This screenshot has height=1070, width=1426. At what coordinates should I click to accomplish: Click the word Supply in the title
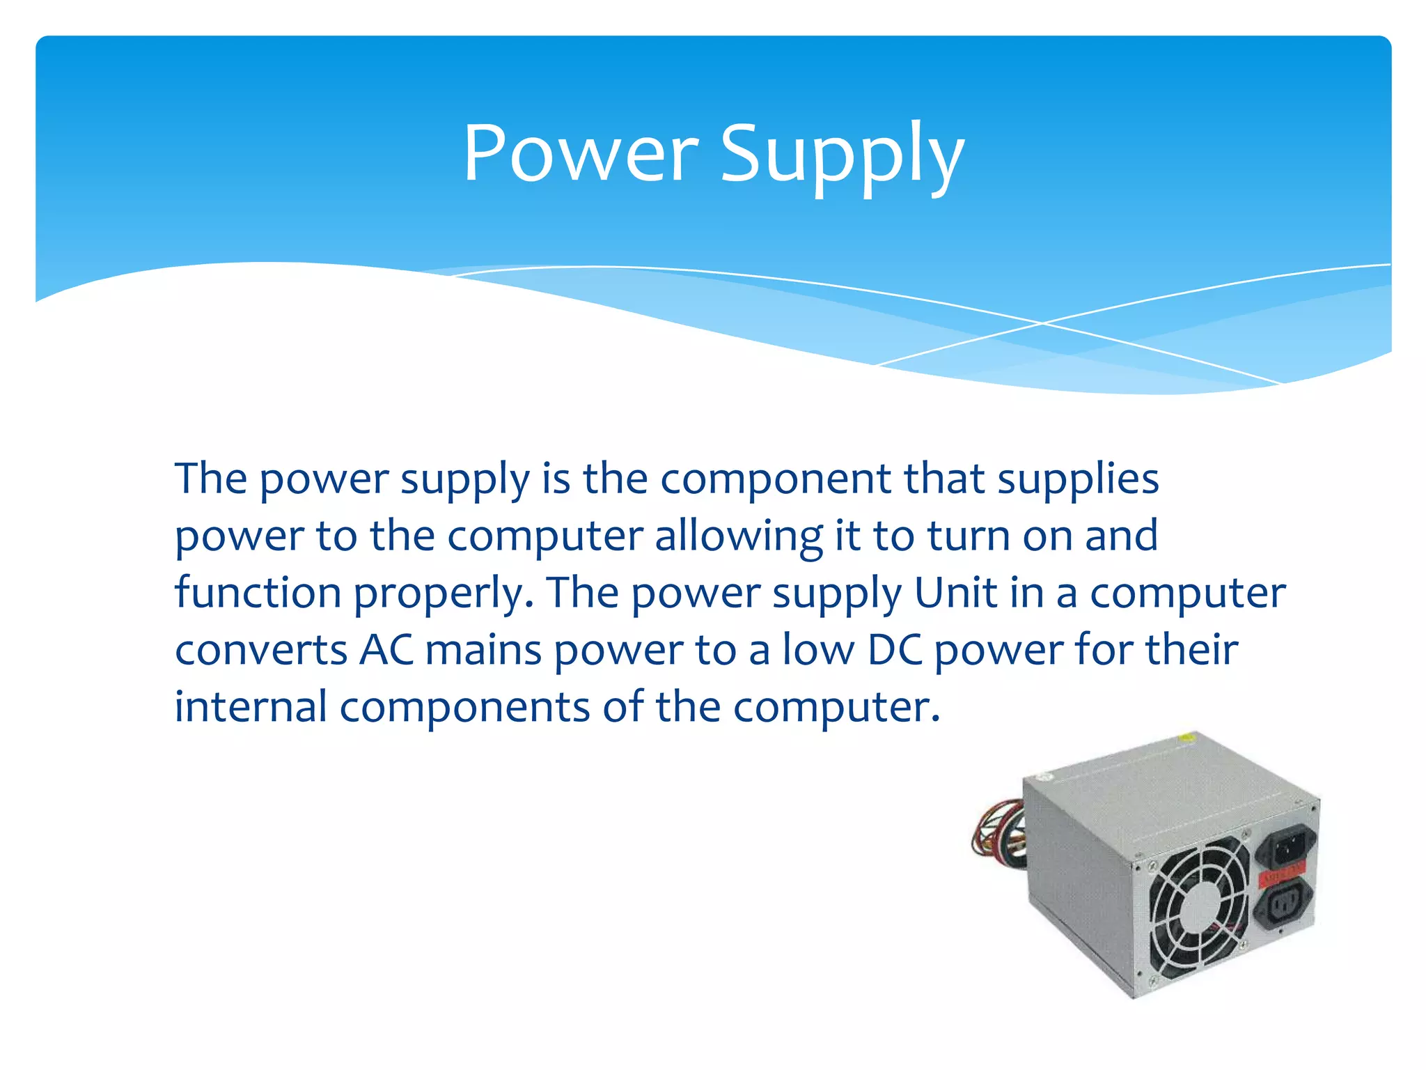[842, 155]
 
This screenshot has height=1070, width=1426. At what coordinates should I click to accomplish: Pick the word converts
[260, 650]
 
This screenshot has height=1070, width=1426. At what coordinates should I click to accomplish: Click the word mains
[483, 650]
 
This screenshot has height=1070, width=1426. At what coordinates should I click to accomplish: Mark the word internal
[250, 706]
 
